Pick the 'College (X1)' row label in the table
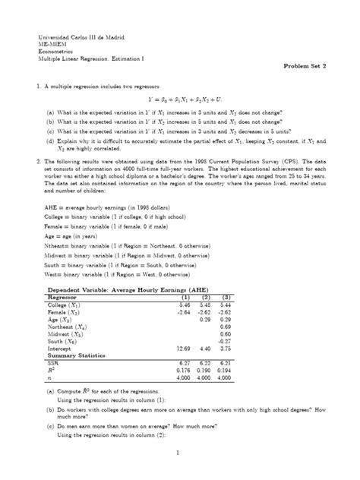point(65,306)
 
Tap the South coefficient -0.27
point(309,340)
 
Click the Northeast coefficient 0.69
point(310,327)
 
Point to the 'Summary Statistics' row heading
point(77,354)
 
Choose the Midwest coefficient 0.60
point(310,333)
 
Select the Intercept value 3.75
point(310,347)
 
